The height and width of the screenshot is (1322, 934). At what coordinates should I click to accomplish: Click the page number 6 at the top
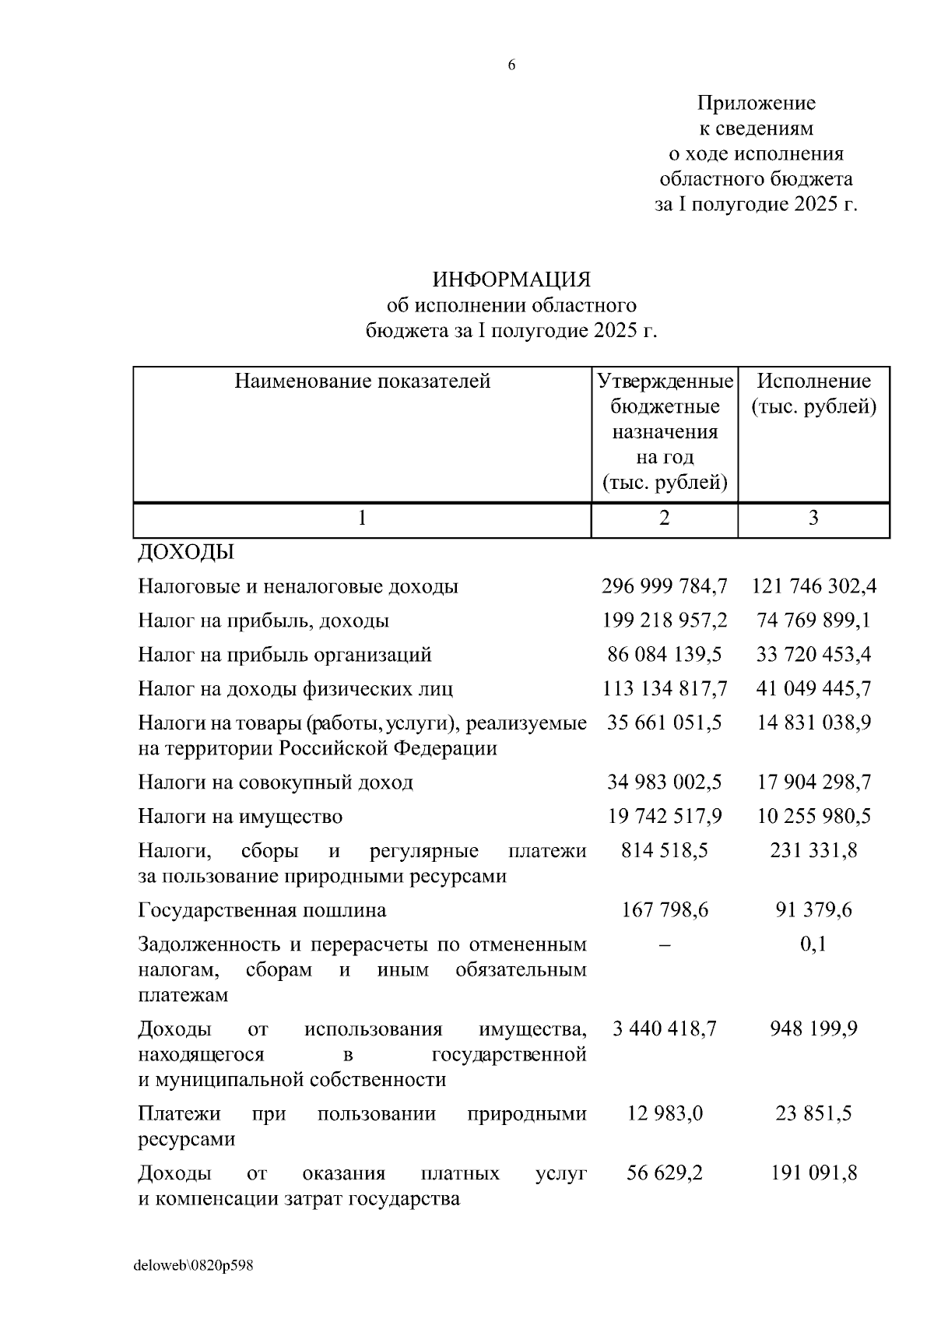point(511,65)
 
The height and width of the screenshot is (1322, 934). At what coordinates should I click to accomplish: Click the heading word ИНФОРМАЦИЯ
point(511,279)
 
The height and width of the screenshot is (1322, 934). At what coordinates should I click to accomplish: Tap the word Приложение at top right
point(756,103)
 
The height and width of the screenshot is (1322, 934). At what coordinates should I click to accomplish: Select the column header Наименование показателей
point(363,381)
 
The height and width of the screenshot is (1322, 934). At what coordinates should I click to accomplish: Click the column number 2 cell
point(664,519)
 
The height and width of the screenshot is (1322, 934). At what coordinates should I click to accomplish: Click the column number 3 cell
point(813,519)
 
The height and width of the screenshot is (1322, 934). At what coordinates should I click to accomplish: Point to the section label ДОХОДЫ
point(186,553)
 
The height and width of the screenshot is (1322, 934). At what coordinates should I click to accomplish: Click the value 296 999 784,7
point(664,586)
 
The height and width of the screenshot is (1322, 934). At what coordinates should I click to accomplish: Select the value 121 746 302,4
point(813,586)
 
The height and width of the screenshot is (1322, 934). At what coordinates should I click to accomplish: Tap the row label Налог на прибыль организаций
point(285,655)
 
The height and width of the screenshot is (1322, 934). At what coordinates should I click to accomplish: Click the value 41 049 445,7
point(813,689)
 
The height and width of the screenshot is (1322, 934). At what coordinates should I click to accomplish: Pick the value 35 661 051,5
point(664,723)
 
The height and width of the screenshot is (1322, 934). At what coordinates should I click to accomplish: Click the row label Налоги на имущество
point(240,817)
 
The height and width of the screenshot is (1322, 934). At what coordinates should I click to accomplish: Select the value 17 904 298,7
point(813,782)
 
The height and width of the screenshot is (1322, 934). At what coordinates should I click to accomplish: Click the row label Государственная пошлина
point(262,910)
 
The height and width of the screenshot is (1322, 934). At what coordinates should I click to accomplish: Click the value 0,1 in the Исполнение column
point(813,944)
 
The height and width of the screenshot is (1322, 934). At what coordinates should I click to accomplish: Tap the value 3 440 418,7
point(664,1029)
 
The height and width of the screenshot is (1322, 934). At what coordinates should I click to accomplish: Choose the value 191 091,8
point(813,1173)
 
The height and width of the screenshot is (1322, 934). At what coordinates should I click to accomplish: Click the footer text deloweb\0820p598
point(194,1266)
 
